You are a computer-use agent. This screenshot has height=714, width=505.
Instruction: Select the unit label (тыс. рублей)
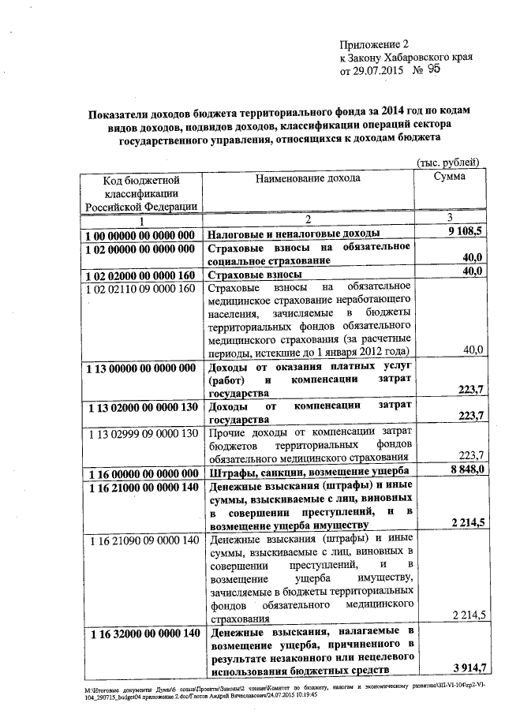(448, 163)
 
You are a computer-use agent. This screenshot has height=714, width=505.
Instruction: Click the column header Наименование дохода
(308, 178)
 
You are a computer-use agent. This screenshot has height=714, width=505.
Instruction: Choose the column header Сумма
(449, 178)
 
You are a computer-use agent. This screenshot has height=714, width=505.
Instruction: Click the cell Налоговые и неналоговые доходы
(293, 235)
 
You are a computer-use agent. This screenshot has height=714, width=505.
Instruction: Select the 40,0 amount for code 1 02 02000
(472, 272)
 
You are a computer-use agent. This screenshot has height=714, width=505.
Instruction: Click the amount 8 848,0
(466, 471)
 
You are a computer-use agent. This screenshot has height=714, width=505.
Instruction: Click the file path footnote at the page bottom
(284, 692)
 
